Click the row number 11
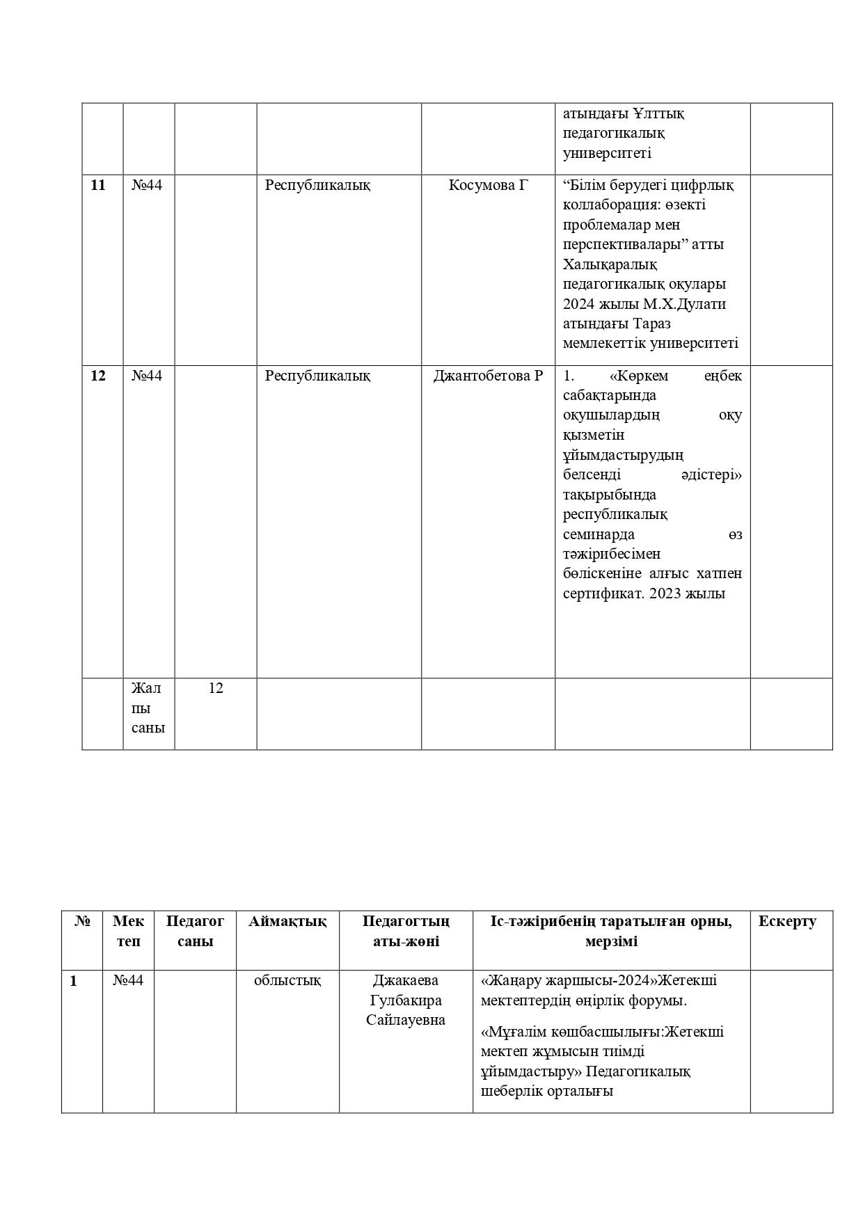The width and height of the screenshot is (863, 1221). [98, 185]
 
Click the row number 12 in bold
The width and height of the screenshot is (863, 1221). [98, 376]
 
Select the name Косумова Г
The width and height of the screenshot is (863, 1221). [489, 185]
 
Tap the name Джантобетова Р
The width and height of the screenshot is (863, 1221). [488, 376]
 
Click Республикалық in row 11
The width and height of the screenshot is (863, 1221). [317, 185]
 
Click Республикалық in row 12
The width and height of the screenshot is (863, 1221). [317, 376]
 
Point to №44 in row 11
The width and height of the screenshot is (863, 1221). [147, 185]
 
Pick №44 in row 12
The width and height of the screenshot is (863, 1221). [147, 376]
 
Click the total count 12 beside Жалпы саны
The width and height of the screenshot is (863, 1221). [216, 688]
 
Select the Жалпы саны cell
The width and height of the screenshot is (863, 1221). [148, 708]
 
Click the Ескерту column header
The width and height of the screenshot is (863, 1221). [787, 921]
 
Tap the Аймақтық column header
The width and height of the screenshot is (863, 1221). [287, 921]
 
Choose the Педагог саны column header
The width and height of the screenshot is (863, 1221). [195, 931]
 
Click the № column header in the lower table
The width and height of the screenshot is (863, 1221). [82, 921]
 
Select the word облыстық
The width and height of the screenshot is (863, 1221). [287, 980]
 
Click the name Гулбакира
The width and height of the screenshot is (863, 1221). [406, 1000]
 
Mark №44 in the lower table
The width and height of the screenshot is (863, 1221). [128, 980]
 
